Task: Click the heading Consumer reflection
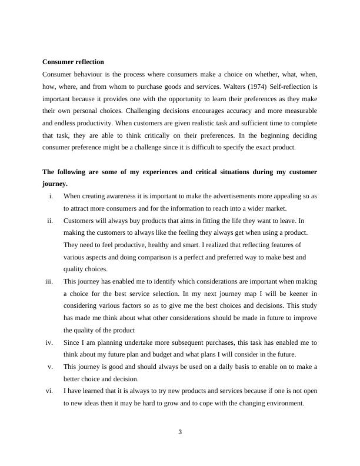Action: tap(74, 62)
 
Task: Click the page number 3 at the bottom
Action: tap(180, 432)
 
